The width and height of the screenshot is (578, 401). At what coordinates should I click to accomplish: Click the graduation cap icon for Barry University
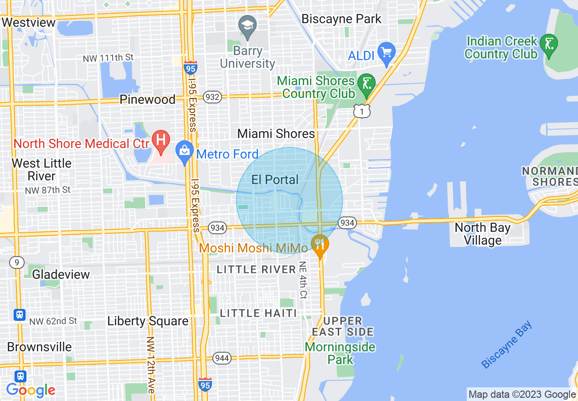click(x=248, y=24)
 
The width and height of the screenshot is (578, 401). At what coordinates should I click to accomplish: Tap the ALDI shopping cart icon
click(x=387, y=52)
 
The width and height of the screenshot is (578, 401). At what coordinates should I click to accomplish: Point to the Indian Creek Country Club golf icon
click(x=549, y=44)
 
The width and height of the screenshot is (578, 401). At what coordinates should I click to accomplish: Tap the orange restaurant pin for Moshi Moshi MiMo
click(x=320, y=243)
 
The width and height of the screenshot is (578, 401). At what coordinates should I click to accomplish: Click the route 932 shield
click(x=212, y=97)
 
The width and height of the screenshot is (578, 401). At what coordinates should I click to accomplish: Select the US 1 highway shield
click(x=361, y=111)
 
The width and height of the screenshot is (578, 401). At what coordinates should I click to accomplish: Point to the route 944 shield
click(x=222, y=358)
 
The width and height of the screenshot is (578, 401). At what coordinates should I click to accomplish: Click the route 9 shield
click(x=16, y=262)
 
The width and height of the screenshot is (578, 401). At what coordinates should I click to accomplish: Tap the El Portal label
click(x=275, y=180)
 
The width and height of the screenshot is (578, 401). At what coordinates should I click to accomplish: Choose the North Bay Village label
click(x=482, y=234)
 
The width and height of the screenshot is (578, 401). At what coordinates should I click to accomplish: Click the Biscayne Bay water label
click(x=507, y=345)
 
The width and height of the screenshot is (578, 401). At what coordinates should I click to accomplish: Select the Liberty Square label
click(x=148, y=321)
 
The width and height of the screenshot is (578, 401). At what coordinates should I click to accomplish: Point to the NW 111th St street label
click(x=108, y=58)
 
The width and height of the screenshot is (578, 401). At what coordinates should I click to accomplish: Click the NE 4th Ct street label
click(x=303, y=280)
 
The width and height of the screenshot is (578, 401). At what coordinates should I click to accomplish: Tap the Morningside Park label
click(x=340, y=353)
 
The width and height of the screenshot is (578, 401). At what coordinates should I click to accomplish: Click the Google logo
click(x=31, y=390)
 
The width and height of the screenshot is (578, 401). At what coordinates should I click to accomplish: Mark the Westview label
click(x=29, y=22)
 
